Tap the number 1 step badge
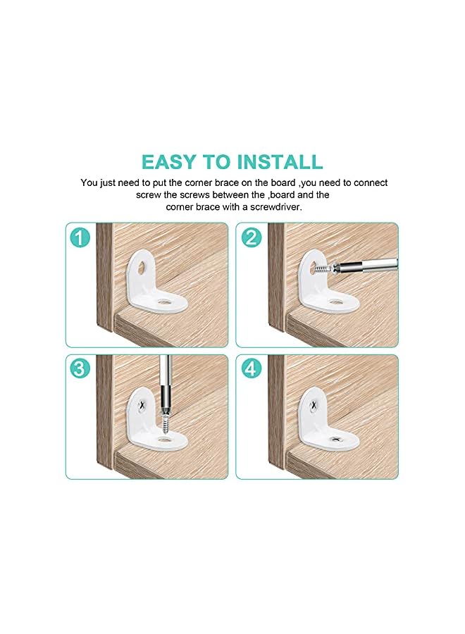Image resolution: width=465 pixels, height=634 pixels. (x=80, y=237)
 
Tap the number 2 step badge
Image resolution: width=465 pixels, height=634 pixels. (x=250, y=237)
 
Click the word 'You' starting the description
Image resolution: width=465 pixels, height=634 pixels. (x=89, y=182)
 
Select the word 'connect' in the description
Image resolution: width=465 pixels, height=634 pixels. (x=371, y=182)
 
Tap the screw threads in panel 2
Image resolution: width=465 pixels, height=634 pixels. (x=322, y=269)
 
